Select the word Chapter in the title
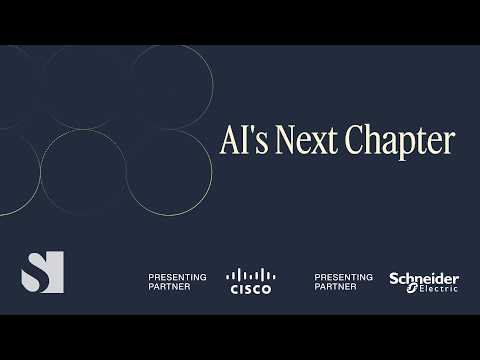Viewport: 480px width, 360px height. pyautogui.click(x=399, y=142)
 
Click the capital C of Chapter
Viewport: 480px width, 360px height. pyautogui.click(x=354, y=141)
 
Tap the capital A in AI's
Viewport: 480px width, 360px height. pyautogui.click(x=229, y=141)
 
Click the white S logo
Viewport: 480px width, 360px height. pyautogui.click(x=42, y=271)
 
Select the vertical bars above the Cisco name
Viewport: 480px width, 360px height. pyautogui.click(x=251, y=274)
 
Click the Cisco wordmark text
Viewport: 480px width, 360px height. pyautogui.click(x=251, y=289)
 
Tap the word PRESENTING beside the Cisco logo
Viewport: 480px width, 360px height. pyautogui.click(x=177, y=276)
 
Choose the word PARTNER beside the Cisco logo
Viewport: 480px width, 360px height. pyautogui.click(x=168, y=286)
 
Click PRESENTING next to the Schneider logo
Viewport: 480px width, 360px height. pyautogui.click(x=343, y=276)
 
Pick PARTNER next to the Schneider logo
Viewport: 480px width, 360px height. pyautogui.click(x=334, y=286)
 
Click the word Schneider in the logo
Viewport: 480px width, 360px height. pyautogui.click(x=424, y=278)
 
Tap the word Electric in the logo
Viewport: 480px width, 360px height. pyautogui.click(x=437, y=289)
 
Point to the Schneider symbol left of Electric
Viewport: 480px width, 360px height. pyautogui.click(x=408, y=289)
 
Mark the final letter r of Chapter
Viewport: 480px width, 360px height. pyautogui.click(x=449, y=144)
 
